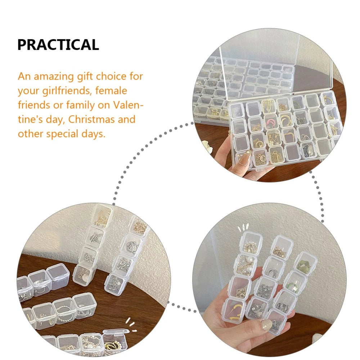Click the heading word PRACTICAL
(x=58, y=45)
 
